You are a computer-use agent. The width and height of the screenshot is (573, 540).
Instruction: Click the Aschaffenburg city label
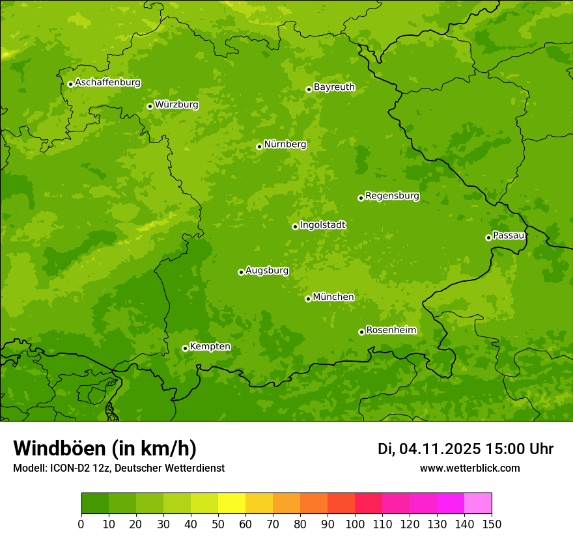[x=107, y=83]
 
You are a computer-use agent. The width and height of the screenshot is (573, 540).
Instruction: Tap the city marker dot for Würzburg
[x=150, y=106]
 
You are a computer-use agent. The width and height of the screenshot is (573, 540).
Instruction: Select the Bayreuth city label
[x=334, y=87]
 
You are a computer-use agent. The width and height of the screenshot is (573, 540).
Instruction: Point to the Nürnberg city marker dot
[x=259, y=146]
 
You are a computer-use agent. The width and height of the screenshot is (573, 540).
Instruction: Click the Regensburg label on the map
[x=392, y=195]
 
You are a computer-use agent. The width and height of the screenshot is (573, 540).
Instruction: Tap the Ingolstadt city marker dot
[x=295, y=226]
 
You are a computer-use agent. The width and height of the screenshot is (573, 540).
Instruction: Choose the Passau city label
[x=509, y=235]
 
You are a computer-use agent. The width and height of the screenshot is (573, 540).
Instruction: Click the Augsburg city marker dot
[x=241, y=272]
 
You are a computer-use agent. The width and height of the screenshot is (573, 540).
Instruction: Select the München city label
[x=333, y=297]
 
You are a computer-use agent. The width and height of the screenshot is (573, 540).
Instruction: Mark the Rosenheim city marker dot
[x=361, y=332]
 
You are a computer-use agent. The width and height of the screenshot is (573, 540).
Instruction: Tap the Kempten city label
[x=210, y=346]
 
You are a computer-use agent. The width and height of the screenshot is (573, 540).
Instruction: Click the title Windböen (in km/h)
[x=105, y=448]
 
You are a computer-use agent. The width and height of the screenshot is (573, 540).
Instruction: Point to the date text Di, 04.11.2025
[x=428, y=449]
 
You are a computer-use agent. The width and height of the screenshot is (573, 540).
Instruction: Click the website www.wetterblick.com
[x=469, y=468]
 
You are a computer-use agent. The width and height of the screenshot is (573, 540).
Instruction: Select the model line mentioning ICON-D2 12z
[x=119, y=468]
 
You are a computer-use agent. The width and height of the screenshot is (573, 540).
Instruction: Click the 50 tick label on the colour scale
[x=218, y=524]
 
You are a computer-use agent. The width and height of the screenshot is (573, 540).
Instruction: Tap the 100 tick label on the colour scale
[x=355, y=524]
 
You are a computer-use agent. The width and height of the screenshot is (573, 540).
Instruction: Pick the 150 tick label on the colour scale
[x=492, y=524]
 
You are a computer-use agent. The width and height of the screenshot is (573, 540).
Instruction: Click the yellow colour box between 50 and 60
[x=232, y=504]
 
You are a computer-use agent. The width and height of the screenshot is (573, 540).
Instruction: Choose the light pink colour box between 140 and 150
[x=478, y=504]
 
